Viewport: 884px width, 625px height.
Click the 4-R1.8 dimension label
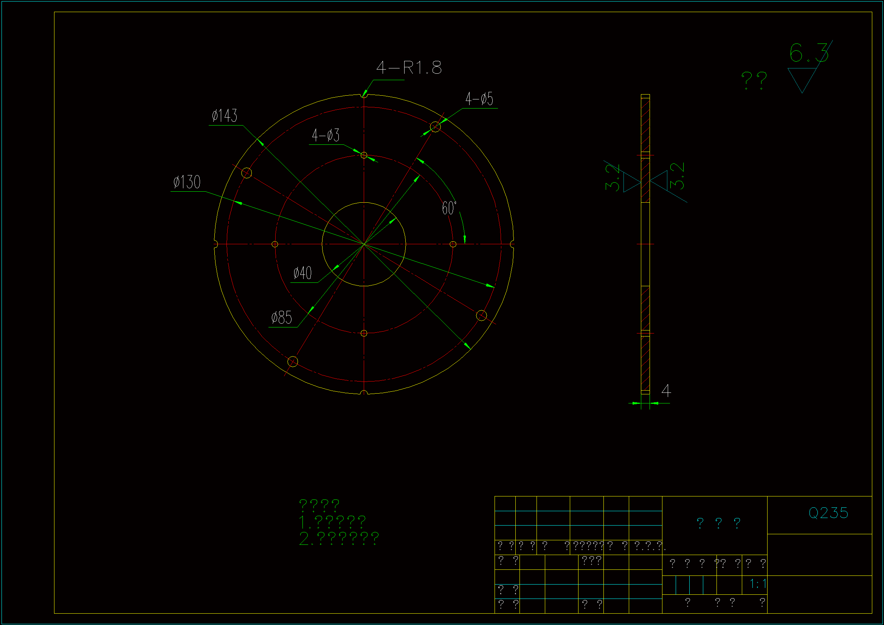409,68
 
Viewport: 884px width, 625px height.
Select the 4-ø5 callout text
479,99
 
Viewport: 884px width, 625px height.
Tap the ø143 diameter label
225,116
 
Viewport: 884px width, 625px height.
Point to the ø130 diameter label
187,182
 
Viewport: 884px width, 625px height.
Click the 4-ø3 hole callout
325,135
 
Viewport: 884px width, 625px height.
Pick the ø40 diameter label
302,273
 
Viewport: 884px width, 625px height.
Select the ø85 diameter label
281,318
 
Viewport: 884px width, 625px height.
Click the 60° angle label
449,208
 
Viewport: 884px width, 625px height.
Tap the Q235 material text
828,513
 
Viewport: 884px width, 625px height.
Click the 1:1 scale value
758,584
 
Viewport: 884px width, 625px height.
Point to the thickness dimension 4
666,391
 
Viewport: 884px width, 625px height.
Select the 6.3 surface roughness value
808,53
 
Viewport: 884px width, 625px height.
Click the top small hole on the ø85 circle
364,155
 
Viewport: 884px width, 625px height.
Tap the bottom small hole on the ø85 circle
364,333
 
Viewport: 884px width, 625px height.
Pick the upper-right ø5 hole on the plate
435,127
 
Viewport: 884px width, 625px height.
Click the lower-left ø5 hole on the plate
293,361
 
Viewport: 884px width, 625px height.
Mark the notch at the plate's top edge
364,95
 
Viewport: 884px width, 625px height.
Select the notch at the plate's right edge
512,244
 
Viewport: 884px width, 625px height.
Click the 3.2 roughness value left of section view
612,178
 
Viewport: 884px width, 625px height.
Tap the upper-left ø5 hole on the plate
247,173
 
